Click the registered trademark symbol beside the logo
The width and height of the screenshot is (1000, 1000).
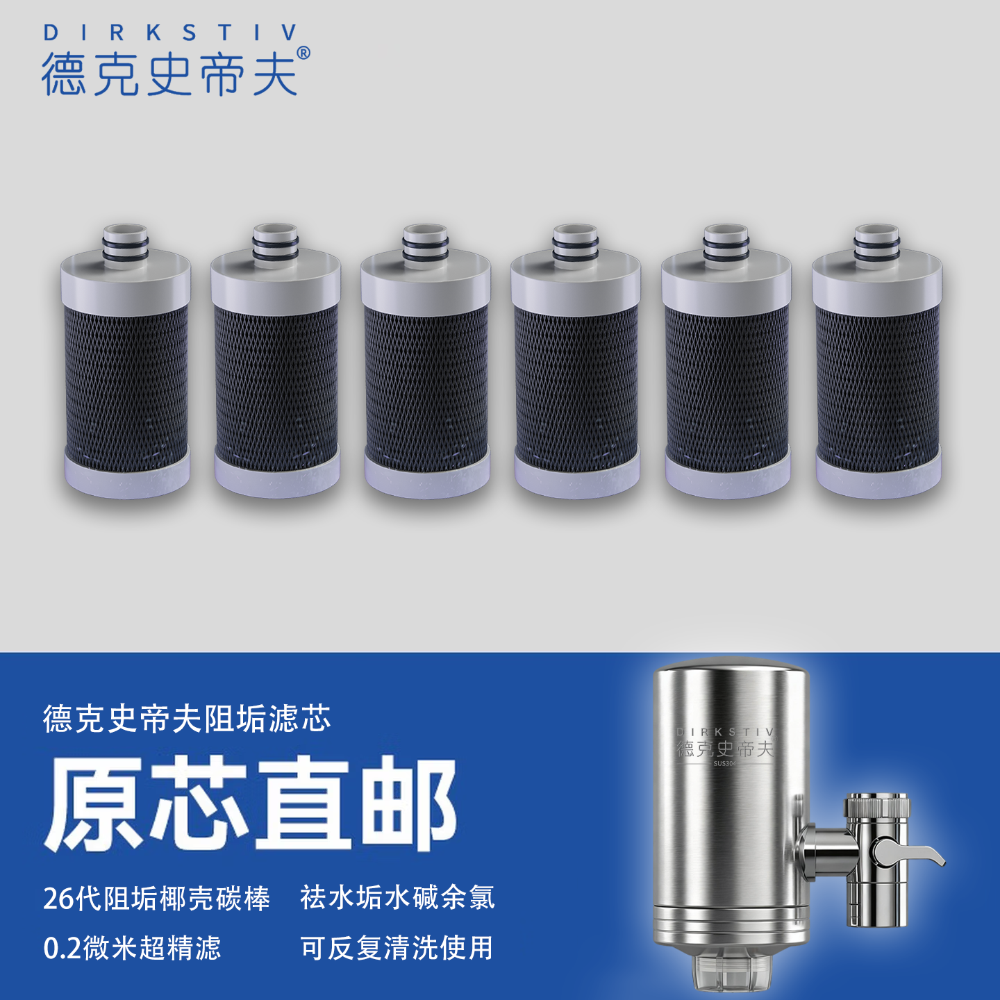pos(303,53)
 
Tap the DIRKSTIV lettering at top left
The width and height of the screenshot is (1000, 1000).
pos(170,32)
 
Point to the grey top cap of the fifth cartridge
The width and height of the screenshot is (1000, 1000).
pos(726,281)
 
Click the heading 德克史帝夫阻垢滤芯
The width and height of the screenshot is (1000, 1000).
pos(187,719)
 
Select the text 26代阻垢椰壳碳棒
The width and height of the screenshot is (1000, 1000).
pos(156,899)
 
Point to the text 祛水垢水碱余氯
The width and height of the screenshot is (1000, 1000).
pos(397,897)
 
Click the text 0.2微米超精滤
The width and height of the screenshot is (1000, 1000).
pos(132,949)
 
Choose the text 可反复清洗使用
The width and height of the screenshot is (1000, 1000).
pos(397,949)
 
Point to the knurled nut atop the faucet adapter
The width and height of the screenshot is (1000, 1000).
pos(876,808)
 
